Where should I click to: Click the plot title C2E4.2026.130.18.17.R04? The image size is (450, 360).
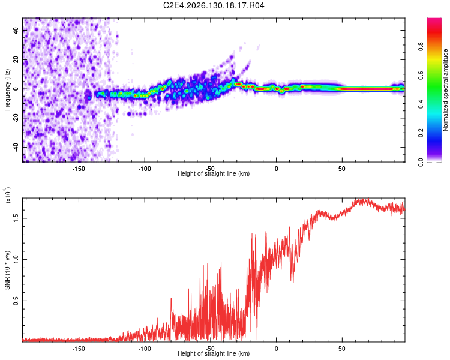214,5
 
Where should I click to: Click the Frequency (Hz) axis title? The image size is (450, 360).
7,90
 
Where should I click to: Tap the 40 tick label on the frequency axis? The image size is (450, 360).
16,31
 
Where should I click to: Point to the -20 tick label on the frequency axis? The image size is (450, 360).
16,117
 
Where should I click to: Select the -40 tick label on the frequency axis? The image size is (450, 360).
16,146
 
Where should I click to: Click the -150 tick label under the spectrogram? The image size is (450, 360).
78,169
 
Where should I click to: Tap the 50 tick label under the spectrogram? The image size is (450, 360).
341,169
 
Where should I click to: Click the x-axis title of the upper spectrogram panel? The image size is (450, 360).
214,173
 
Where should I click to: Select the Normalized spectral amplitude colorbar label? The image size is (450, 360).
445,90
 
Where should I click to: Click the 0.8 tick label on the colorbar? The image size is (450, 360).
421,47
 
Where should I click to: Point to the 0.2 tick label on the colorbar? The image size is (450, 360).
421,133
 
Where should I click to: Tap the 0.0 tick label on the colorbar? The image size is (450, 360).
421,162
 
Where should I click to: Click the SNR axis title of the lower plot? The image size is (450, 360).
7,270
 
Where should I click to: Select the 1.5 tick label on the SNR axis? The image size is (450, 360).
16,218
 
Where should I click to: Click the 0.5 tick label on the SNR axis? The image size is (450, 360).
16,301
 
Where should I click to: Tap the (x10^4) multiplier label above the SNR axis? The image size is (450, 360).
8,195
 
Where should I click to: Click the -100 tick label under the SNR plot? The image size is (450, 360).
145,349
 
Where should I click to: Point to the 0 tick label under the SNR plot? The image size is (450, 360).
276,349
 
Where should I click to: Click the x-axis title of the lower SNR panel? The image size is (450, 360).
214,353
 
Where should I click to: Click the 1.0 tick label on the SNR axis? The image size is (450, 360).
16,260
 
